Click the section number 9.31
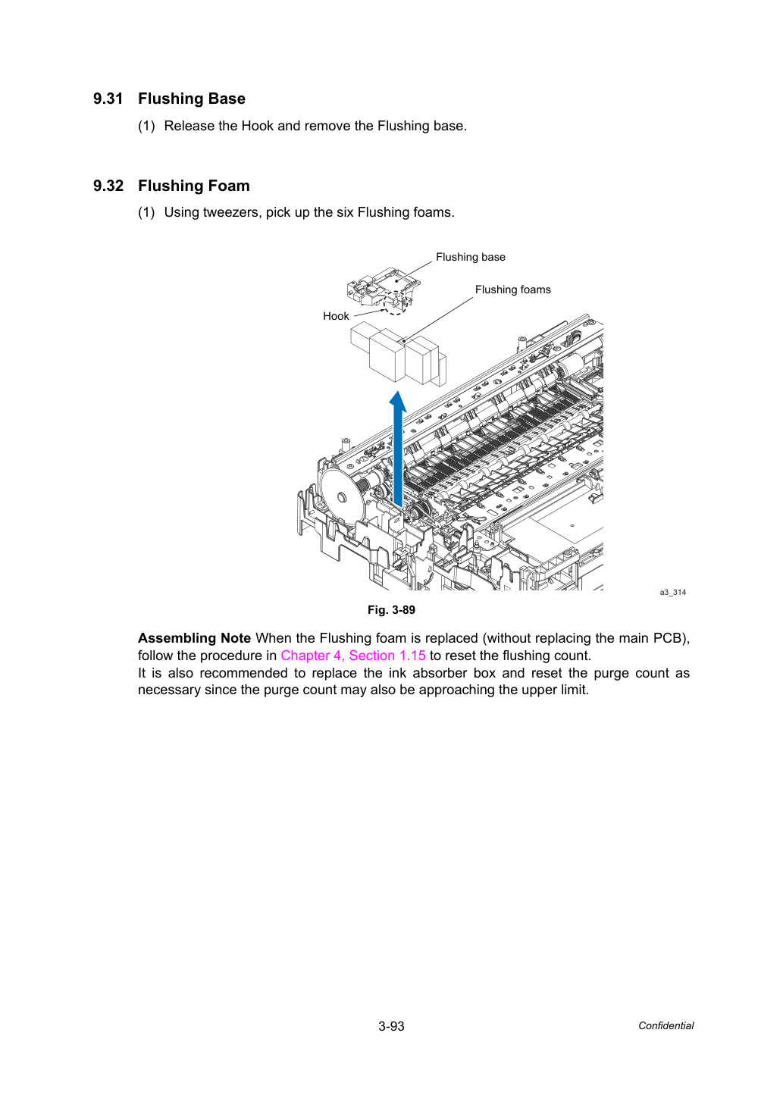(108, 99)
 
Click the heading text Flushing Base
(192, 99)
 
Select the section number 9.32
(108, 186)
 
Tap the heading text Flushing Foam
(193, 186)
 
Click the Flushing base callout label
(471, 257)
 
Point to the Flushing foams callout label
(513, 290)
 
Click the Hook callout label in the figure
(336, 316)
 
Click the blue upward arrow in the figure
(398, 449)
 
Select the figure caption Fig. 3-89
(391, 610)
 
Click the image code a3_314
(672, 592)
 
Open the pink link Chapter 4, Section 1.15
(353, 656)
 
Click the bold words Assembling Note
(194, 638)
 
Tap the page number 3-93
(391, 1026)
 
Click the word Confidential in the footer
(666, 1026)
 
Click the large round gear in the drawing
(342, 496)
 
